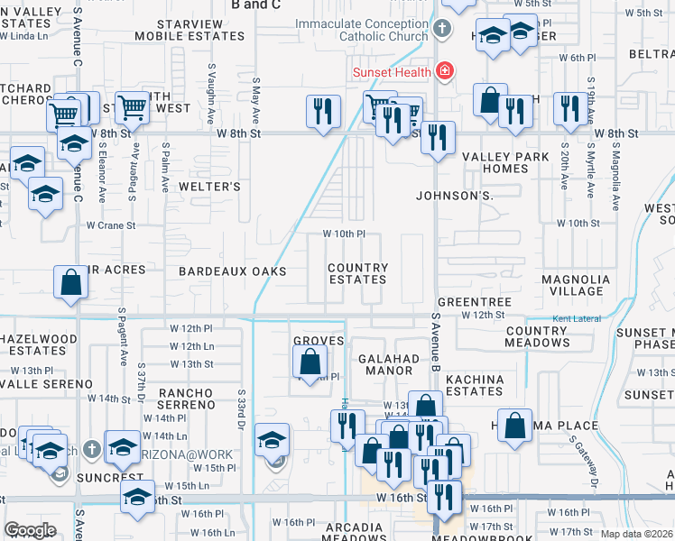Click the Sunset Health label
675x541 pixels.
click(x=391, y=69)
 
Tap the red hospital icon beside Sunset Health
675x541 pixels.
click(x=443, y=69)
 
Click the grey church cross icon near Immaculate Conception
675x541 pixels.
click(x=441, y=29)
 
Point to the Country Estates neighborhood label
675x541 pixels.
click(x=357, y=273)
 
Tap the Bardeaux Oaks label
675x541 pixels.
click(x=232, y=271)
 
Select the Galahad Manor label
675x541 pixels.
click(x=389, y=364)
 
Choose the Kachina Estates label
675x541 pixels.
click(x=474, y=385)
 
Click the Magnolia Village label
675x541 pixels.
click(x=571, y=285)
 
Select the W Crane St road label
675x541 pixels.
click(x=111, y=225)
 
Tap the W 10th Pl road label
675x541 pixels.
click(x=344, y=234)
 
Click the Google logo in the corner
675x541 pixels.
click(x=30, y=530)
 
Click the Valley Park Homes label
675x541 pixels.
click(x=495, y=162)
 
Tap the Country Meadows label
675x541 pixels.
click(x=536, y=336)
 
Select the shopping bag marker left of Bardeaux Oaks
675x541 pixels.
click(x=71, y=282)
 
